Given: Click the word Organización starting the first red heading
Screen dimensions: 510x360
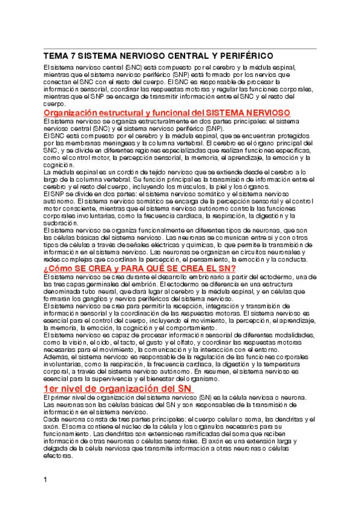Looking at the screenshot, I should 75,113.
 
